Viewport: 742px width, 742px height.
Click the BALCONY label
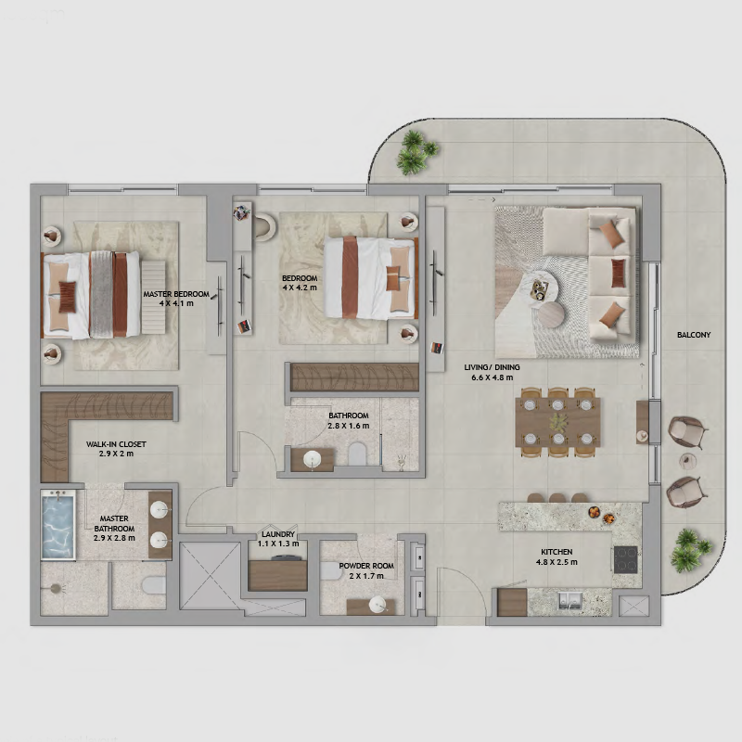[x=694, y=335]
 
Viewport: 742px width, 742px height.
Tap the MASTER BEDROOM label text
[x=176, y=294]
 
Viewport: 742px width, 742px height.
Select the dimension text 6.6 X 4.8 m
[x=493, y=377]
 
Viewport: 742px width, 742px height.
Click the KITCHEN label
[x=556, y=552]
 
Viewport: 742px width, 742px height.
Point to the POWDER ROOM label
[x=366, y=566]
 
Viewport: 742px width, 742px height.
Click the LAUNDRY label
[x=278, y=534]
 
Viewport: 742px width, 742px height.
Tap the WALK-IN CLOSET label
[x=116, y=444]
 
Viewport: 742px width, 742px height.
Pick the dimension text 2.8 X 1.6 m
[x=349, y=426]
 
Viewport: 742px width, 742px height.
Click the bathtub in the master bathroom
[x=58, y=525]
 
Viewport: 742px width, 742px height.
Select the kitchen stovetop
[x=625, y=560]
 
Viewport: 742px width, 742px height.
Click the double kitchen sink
[x=569, y=600]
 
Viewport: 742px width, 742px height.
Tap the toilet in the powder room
[x=331, y=571]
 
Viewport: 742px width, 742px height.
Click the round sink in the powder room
[x=377, y=605]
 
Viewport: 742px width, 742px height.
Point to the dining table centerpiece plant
[x=559, y=422]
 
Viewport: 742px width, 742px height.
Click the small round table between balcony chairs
[x=686, y=460]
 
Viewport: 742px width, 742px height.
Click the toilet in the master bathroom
[x=153, y=585]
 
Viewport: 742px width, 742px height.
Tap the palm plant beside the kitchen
[x=690, y=550]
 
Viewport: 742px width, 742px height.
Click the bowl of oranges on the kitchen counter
[x=594, y=512]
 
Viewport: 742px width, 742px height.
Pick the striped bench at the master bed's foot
[x=153, y=297]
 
